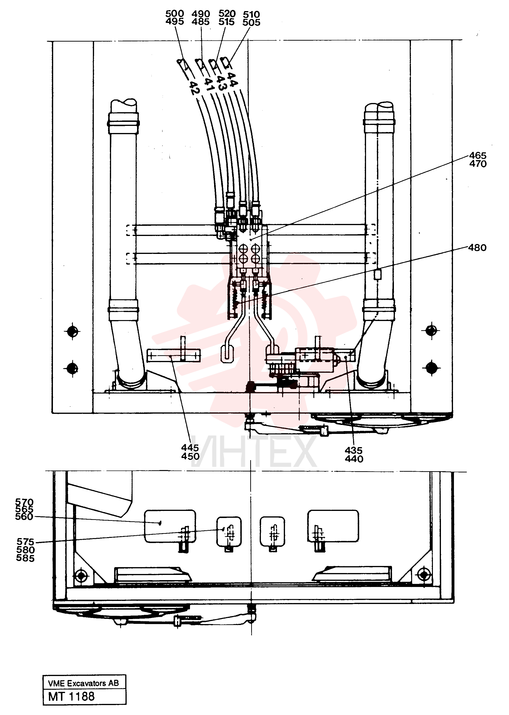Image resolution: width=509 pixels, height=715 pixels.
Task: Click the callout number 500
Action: point(175,14)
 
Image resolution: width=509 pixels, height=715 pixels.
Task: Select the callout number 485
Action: point(200,22)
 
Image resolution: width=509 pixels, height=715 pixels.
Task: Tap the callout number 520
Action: point(227,14)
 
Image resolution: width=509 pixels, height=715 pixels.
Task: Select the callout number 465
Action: point(478,155)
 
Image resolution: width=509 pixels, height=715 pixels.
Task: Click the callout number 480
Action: point(477,248)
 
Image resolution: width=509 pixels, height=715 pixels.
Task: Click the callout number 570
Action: point(24,502)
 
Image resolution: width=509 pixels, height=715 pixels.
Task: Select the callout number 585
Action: point(25,558)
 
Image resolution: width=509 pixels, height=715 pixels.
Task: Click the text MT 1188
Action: point(71,697)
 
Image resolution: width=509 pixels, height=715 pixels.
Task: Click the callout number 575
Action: point(25,542)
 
